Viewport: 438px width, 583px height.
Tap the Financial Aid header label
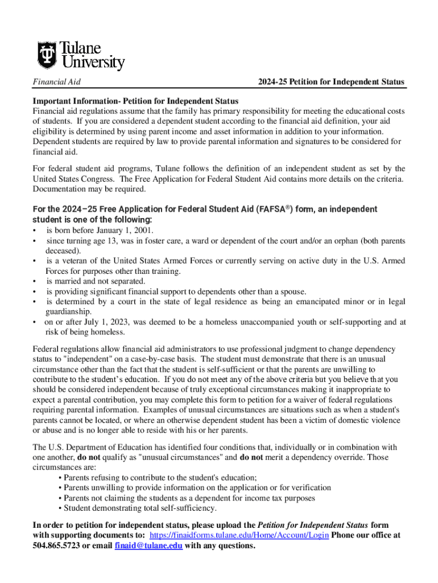point(56,82)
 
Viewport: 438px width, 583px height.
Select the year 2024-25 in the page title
point(272,82)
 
